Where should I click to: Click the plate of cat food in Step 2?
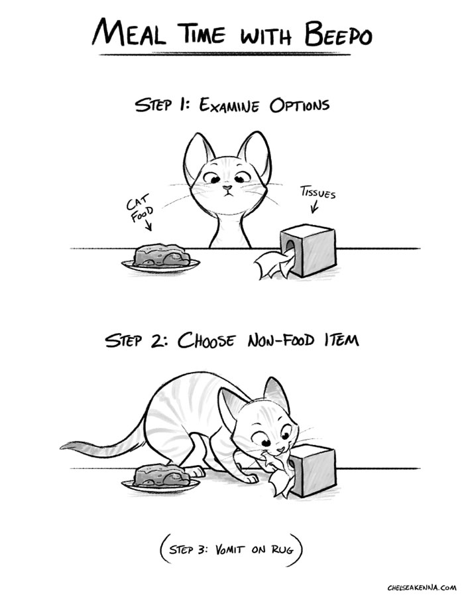pyautogui.click(x=160, y=480)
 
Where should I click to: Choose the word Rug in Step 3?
pyautogui.click(x=284, y=550)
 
